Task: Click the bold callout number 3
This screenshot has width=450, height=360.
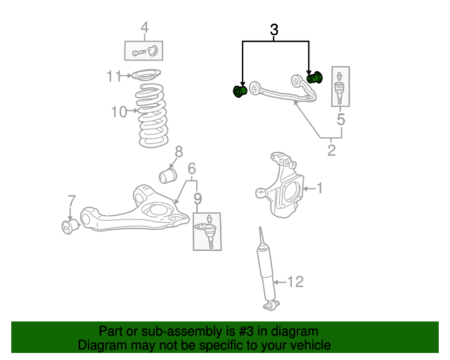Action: (274, 30)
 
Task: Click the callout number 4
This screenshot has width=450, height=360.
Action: (144, 28)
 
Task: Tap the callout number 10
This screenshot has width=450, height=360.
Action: (119, 111)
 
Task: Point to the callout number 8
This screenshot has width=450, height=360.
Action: (179, 151)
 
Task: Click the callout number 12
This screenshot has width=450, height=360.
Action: (295, 282)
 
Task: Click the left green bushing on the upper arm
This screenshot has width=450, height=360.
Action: (240, 91)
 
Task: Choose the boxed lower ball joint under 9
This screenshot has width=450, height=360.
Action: (207, 231)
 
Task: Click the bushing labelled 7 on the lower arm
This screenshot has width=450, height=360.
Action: (70, 226)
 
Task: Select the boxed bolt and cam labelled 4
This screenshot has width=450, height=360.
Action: (144, 51)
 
